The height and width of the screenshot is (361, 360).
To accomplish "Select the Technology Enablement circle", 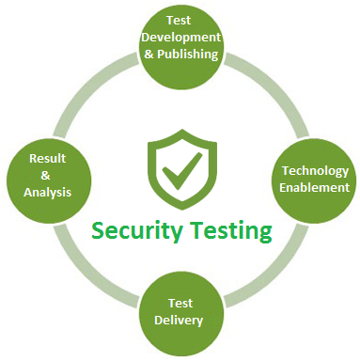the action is pos(316,179).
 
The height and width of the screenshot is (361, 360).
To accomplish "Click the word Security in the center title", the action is pos(134,229).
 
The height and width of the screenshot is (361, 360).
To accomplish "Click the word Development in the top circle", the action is pos(180,37).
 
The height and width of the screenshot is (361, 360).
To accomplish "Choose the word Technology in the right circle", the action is pos(316,171).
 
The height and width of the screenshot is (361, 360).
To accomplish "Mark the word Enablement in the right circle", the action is pos(316,187).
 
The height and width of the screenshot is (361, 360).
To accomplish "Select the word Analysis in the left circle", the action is pos(47,194).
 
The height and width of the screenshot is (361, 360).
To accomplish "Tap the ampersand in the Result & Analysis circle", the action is pos(47,176).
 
